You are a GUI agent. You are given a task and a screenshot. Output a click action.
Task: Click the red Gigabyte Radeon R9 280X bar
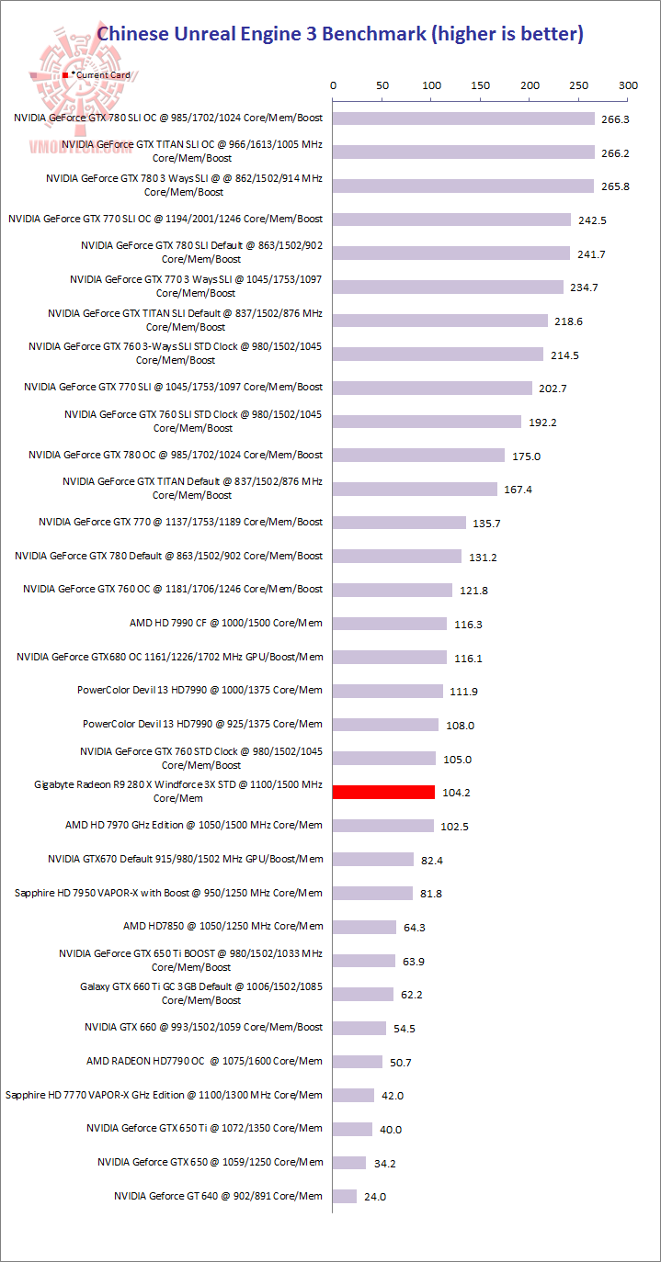click(383, 792)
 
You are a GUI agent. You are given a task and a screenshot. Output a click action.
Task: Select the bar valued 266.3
click(463, 118)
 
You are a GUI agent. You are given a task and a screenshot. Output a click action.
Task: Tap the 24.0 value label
click(375, 1197)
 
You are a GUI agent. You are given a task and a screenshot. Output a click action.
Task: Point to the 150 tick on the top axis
click(481, 85)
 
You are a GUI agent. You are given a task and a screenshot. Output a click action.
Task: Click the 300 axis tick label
click(628, 85)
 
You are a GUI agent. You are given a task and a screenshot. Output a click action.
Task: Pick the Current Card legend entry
click(101, 74)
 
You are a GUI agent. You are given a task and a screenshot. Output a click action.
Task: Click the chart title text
click(340, 34)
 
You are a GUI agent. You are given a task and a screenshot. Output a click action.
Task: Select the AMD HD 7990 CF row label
click(226, 623)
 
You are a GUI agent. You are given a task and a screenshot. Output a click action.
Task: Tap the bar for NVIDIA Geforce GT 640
click(345, 1196)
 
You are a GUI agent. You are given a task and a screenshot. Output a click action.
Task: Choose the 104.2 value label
click(456, 793)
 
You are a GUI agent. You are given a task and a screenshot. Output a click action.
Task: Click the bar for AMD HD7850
click(364, 927)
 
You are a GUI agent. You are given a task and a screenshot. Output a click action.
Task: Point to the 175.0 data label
click(526, 456)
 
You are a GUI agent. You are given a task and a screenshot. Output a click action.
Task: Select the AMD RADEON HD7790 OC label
click(204, 1061)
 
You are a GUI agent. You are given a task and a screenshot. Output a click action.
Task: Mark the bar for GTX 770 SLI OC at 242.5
click(451, 220)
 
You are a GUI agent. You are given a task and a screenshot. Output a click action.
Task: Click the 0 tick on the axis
click(333, 85)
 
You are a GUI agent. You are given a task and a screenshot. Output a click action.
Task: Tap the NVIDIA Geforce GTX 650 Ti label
click(204, 1128)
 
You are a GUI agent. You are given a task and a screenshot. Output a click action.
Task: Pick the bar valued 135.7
click(399, 523)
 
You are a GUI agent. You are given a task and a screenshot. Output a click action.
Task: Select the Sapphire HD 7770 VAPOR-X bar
click(353, 1095)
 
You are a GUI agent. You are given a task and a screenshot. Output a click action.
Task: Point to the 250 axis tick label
click(579, 85)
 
